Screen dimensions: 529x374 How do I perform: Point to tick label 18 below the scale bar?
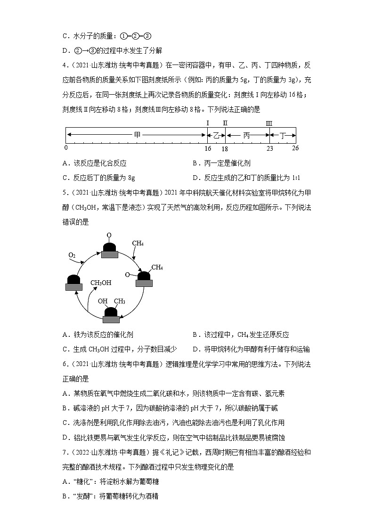coord(225,148)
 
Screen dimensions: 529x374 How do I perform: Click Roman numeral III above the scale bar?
coord(269,123)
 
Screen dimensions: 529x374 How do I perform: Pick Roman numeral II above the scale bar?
coord(225,123)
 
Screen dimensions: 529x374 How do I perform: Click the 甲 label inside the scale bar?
coord(137,135)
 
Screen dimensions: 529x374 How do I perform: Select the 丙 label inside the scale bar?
coord(247,135)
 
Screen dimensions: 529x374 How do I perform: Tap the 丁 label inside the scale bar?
coord(283,135)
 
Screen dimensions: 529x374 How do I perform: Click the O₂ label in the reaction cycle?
coord(72,255)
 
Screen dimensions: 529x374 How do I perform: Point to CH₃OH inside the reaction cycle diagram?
coord(101,283)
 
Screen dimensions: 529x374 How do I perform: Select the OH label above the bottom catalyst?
coord(102,301)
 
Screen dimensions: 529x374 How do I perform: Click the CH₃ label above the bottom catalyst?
coord(119,301)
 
